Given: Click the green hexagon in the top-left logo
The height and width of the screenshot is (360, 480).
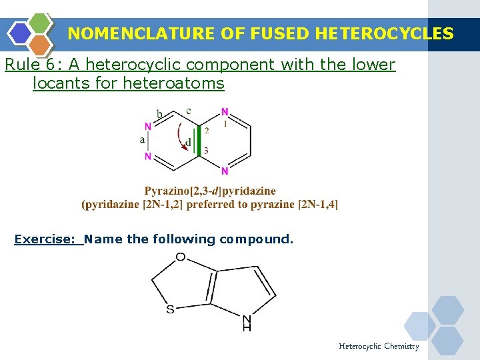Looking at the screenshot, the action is tap(41, 23).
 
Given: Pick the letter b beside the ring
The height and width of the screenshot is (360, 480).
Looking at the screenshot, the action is tap(159, 115).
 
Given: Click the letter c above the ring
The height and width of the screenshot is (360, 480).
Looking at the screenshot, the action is tap(189, 110).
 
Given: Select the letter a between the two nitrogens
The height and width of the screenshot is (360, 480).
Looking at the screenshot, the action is tap(142, 140).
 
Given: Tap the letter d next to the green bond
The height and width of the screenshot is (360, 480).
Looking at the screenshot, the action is tap(189, 142).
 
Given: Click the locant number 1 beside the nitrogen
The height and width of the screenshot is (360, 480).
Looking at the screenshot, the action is tap(225, 123).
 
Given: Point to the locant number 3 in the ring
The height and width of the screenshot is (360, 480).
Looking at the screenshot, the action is tap(206, 151).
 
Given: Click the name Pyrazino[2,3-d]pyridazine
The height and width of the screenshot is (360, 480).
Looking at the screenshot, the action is tap(210, 191).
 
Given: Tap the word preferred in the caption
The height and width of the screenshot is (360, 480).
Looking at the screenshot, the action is tap(210, 204).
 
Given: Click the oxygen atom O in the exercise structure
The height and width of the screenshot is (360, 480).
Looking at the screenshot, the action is tap(180, 257).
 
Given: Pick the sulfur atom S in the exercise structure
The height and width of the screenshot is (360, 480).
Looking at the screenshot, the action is tap(170, 309).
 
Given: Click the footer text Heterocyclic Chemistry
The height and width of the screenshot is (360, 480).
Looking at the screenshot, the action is tap(379, 346).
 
